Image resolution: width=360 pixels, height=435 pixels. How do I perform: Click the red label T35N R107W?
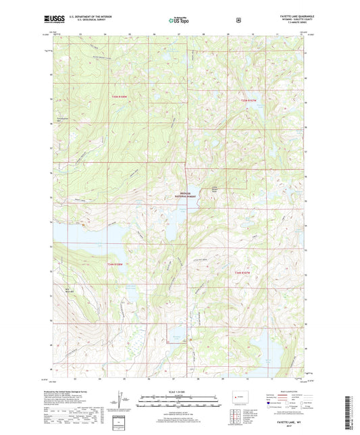click(x=249, y=101)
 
